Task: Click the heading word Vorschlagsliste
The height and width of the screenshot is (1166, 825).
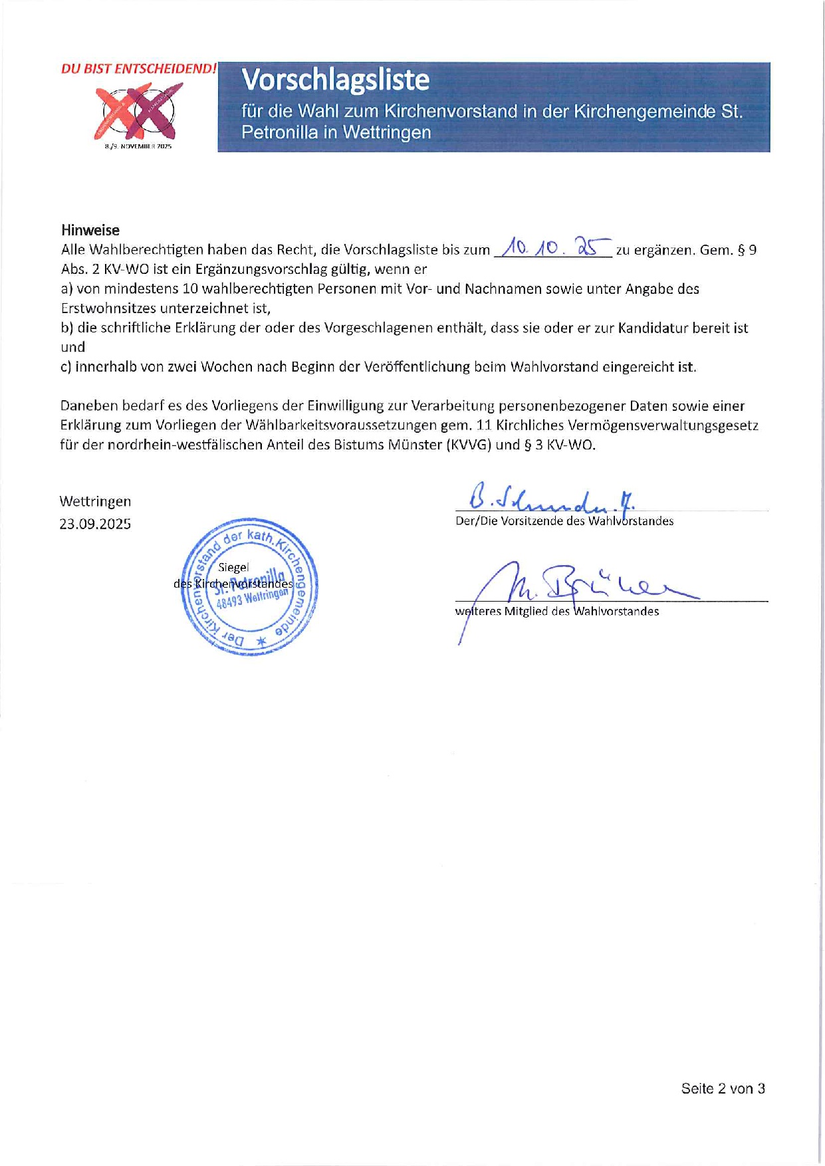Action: pyautogui.click(x=336, y=80)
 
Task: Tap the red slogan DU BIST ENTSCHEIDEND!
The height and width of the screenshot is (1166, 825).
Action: pyautogui.click(x=138, y=68)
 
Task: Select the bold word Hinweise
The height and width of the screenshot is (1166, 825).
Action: pyautogui.click(x=90, y=230)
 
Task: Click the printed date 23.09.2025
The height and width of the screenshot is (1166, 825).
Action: pyautogui.click(x=95, y=524)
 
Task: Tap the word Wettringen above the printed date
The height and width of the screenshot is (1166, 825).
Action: pyautogui.click(x=95, y=501)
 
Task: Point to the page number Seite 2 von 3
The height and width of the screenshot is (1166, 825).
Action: pyautogui.click(x=723, y=1088)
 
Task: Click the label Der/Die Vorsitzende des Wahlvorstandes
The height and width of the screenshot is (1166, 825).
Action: pyautogui.click(x=564, y=521)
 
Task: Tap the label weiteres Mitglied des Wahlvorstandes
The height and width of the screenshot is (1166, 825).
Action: pyautogui.click(x=557, y=612)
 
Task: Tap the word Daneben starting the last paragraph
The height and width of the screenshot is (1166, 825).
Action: pyautogui.click(x=88, y=406)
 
